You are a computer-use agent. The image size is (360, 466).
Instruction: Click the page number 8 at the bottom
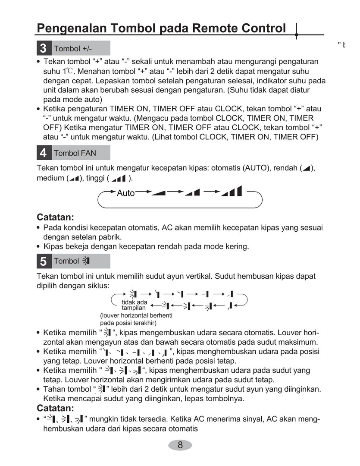click(180, 445)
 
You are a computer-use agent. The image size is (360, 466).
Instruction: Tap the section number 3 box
click(43, 48)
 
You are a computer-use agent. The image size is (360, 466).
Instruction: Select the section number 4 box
click(43, 153)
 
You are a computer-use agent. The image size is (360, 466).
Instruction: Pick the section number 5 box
click(43, 261)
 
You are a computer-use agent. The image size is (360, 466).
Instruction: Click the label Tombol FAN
click(75, 153)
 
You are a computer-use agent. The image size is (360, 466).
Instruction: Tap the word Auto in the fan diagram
click(126, 193)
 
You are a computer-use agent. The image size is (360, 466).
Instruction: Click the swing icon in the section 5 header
click(85, 261)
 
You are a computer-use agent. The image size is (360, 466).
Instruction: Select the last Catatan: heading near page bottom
click(55, 408)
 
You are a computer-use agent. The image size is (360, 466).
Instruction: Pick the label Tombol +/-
click(73, 48)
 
